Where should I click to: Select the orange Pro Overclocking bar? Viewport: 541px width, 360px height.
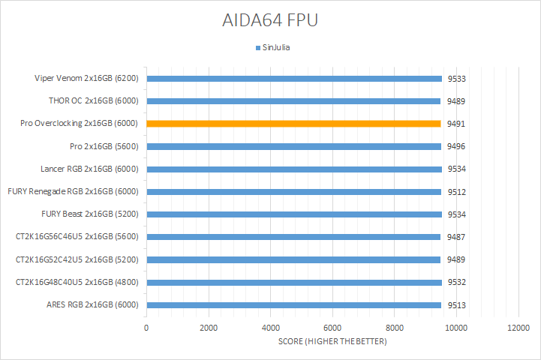click(x=293, y=124)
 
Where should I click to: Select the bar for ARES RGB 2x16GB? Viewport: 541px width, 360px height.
click(x=293, y=305)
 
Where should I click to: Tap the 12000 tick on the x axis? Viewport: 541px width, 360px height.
click(x=518, y=328)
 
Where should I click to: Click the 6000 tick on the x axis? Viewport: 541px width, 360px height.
click(x=332, y=328)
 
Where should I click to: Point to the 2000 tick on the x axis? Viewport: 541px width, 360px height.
click(x=209, y=328)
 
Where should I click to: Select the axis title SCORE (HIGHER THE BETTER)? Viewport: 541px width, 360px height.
click(x=332, y=342)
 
